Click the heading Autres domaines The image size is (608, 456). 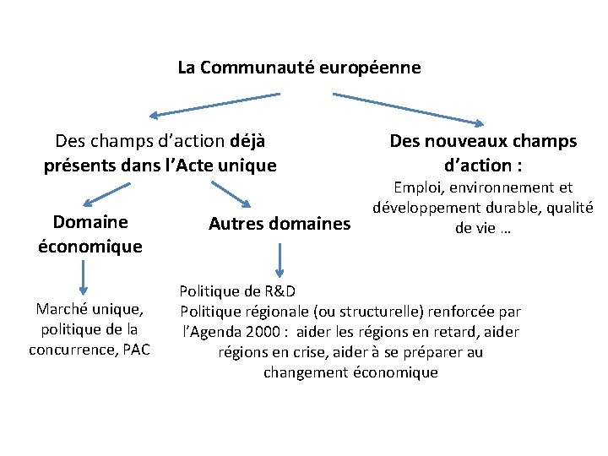(x=279, y=224)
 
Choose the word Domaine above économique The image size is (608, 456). (x=90, y=222)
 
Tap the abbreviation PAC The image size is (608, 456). (x=136, y=350)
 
